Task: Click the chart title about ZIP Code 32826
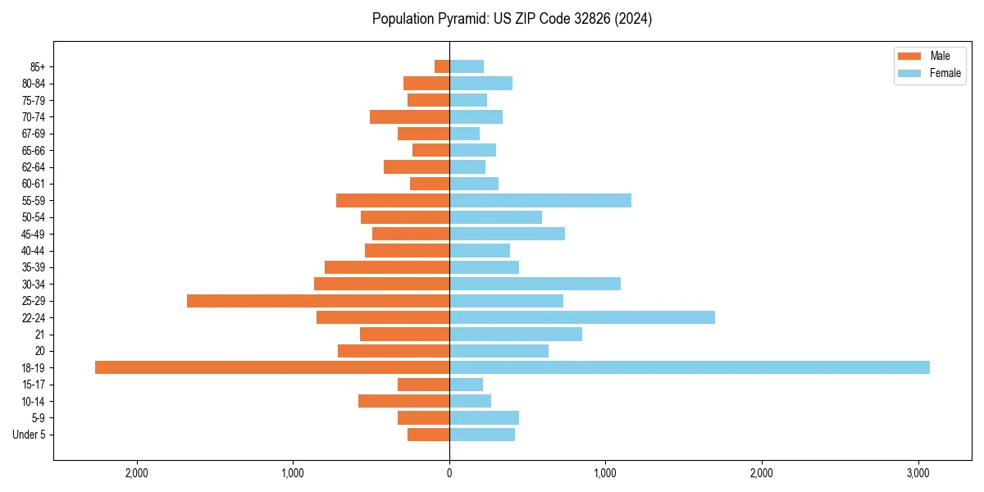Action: pos(512,19)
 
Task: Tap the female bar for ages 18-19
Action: pos(689,367)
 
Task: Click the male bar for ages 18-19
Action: pos(272,367)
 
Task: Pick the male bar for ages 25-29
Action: pos(318,301)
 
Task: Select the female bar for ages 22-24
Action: pos(582,317)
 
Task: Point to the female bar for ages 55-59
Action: pos(540,200)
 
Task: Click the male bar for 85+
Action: pos(442,66)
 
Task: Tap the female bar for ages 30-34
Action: pos(535,284)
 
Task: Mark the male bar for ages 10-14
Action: pos(403,401)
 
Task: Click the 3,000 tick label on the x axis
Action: pos(918,473)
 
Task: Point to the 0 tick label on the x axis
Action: pos(449,473)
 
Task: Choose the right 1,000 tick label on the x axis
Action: pos(605,473)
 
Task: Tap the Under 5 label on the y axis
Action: pos(29,435)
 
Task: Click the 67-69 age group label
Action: pos(34,134)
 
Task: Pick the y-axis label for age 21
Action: pos(40,335)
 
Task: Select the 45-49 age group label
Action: pos(34,234)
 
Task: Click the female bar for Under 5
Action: pos(482,435)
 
